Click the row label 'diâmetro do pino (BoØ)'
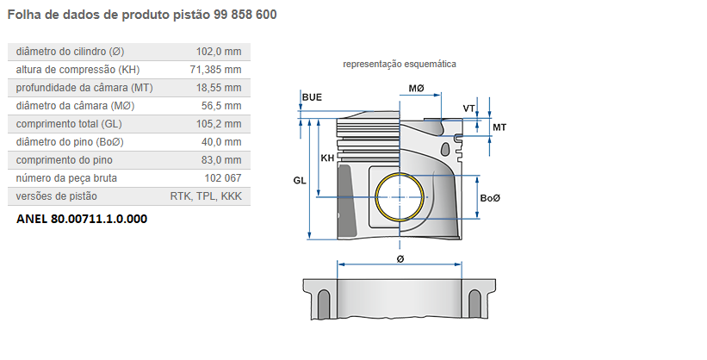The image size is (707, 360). click(70, 142)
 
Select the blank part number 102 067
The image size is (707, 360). click(223, 178)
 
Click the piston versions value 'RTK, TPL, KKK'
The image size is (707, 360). click(207, 196)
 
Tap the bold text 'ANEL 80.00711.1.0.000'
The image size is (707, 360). click(82, 219)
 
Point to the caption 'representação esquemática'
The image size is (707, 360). click(400, 65)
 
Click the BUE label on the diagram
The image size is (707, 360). click(312, 97)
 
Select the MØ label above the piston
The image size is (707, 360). click(417, 89)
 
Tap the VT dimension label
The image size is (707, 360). click(468, 108)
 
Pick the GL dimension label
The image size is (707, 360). click(300, 181)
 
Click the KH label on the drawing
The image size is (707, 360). click(327, 158)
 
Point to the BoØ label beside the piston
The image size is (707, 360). click(490, 198)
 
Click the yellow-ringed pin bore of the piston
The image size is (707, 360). click(401, 196)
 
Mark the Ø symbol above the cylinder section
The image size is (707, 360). click(400, 258)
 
